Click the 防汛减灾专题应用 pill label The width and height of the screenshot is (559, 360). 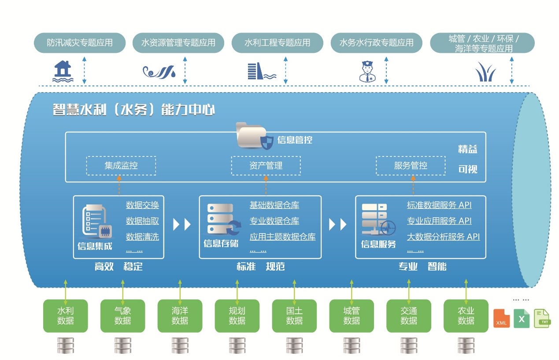80,43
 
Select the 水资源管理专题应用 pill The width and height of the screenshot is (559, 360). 178,43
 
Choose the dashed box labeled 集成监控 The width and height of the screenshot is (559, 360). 121,166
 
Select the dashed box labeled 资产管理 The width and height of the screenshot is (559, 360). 266,166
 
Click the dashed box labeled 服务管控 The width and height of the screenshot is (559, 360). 411,166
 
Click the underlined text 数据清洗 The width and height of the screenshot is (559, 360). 142,237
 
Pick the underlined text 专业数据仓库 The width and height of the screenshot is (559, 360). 274,221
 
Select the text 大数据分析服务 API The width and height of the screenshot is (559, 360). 443,237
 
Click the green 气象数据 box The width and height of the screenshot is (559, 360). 122,315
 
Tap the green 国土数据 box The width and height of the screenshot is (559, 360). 294,315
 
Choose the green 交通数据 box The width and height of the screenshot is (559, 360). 409,315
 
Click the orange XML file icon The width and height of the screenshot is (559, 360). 501,319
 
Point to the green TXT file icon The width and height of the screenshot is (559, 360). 542,318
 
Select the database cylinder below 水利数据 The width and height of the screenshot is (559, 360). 66,345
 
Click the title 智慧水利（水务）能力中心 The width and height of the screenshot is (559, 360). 134,109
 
